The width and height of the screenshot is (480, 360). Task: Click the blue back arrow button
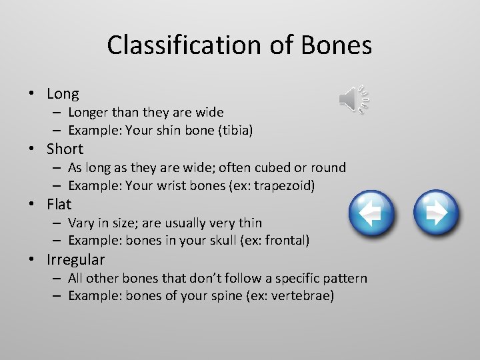click(x=372, y=213)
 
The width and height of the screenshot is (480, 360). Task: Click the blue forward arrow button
click(x=435, y=213)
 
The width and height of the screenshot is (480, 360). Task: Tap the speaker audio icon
click(x=353, y=99)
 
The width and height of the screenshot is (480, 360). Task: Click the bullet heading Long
click(x=63, y=94)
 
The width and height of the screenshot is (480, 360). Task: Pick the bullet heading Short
click(x=65, y=149)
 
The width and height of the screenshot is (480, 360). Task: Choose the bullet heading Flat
click(x=59, y=203)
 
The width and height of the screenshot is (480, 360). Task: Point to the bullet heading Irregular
click(x=76, y=259)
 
